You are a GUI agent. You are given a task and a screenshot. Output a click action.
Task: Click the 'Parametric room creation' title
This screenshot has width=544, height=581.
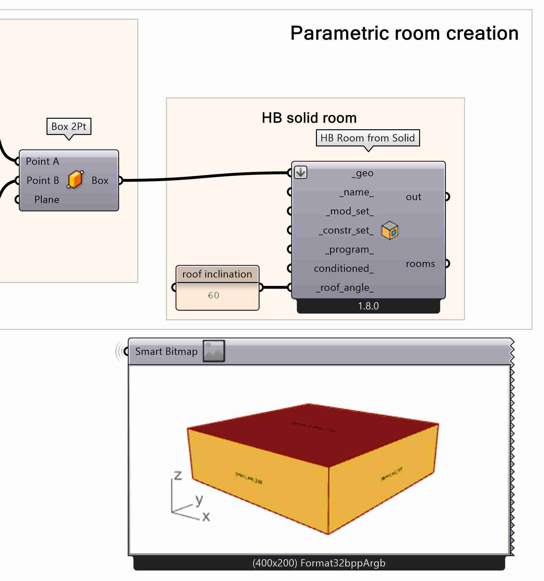(404, 33)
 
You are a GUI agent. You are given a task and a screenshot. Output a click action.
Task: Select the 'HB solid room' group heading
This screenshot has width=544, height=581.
(309, 118)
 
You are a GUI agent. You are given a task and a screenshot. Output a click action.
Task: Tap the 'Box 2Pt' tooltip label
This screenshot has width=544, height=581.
(69, 127)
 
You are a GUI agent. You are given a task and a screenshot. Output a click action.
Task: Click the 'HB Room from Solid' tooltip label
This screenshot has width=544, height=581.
(368, 138)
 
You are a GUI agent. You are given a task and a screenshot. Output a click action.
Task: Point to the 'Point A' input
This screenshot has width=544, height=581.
(42, 161)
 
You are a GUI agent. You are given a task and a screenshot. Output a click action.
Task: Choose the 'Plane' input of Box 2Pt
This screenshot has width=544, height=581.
(47, 200)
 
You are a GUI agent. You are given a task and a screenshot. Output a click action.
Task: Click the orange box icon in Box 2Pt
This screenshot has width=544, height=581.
(75, 180)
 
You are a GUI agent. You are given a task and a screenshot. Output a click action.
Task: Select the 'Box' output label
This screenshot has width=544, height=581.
(100, 181)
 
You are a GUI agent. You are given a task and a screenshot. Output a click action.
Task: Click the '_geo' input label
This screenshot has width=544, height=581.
(362, 173)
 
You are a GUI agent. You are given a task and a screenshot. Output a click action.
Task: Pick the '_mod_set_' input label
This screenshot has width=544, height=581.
(350, 211)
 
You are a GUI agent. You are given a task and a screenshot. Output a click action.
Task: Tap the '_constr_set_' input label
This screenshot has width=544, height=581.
(346, 230)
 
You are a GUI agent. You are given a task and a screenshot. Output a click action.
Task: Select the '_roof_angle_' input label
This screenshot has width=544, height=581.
(345, 288)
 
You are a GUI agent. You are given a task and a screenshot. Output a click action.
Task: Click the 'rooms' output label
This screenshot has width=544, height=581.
(420, 264)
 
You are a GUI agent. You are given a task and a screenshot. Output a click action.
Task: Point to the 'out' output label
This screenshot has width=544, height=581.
(413, 197)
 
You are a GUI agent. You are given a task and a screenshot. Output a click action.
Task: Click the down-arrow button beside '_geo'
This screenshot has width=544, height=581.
(301, 173)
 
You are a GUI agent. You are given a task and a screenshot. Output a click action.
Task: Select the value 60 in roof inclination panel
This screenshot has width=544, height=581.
(214, 295)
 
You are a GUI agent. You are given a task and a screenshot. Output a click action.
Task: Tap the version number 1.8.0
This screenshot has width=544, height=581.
(368, 306)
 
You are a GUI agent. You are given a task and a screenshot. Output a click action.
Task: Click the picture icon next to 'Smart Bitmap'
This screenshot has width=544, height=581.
(214, 351)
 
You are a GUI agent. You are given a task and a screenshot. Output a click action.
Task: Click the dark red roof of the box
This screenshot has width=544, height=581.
(312, 433)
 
